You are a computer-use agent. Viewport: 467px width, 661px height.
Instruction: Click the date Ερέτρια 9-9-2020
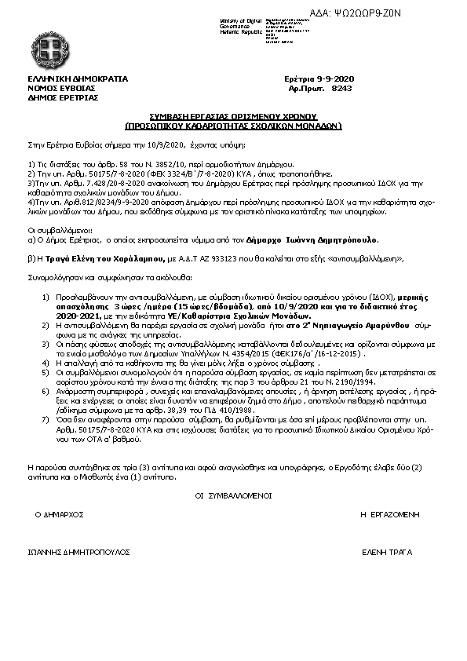pos(319,80)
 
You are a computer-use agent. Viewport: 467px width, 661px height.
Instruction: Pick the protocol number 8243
pos(343,89)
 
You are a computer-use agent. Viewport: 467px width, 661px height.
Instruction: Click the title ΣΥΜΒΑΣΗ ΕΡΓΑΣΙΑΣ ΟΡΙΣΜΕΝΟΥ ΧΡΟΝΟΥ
pos(233,116)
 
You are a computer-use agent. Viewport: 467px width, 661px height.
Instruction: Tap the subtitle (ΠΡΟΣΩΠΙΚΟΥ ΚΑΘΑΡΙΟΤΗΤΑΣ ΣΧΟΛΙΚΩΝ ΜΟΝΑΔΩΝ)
pos(233,125)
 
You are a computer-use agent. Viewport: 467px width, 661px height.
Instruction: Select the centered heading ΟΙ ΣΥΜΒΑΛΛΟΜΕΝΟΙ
pos(233,496)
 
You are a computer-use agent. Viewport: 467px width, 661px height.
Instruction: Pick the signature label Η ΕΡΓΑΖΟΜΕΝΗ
pos(389,513)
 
